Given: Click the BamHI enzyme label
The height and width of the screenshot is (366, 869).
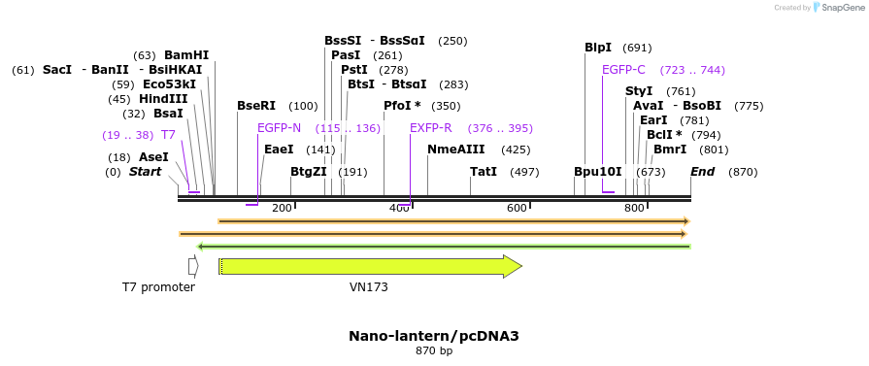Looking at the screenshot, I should point(185,55).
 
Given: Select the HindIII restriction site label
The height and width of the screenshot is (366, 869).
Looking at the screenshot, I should point(163,99).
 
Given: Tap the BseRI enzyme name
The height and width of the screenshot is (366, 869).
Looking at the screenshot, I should point(256,106).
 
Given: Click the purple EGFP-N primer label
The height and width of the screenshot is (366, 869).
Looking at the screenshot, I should point(279,128).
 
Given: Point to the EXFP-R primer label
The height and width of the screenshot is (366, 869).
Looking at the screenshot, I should point(430,128).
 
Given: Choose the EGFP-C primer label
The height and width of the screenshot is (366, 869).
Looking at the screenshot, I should point(623,70).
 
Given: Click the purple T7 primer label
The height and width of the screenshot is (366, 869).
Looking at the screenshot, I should point(168,135).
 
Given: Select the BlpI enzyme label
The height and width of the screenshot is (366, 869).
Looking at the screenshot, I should point(598,48).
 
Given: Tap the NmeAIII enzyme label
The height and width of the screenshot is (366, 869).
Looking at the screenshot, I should point(455,150).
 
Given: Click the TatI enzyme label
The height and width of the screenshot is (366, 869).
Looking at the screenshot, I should point(483,172).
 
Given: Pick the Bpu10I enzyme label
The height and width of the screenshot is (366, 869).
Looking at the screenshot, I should point(597,172).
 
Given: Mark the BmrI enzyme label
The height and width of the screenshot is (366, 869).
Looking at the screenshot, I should point(670,150).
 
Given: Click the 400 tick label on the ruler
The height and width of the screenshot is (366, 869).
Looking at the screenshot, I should point(399,208).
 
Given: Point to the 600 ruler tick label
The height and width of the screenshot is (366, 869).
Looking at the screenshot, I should point(517,208).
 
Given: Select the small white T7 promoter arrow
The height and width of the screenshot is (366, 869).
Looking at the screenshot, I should point(193,266).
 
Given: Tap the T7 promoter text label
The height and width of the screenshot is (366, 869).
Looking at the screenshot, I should point(158,287).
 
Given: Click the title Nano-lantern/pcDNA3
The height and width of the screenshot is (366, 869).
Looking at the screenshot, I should point(433,336).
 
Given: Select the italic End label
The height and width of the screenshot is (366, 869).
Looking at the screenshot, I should point(702,172).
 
